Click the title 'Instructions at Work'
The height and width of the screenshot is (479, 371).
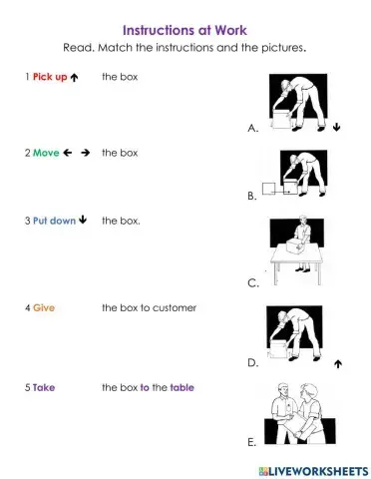pyautogui.click(x=185, y=30)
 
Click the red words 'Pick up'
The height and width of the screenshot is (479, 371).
pyautogui.click(x=49, y=77)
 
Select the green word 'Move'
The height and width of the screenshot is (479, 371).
pyautogui.click(x=46, y=153)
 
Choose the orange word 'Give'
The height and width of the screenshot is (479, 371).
pyautogui.click(x=44, y=308)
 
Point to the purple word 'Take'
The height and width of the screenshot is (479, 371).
pyautogui.click(x=44, y=387)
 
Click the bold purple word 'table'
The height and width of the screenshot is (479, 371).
pyautogui.click(x=183, y=387)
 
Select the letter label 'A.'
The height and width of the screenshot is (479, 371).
pyautogui.click(x=252, y=129)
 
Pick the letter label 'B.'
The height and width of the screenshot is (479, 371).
pyautogui.click(x=252, y=198)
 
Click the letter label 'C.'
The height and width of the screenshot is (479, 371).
pyautogui.click(x=252, y=284)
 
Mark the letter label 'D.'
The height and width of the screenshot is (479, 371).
pyautogui.click(x=252, y=364)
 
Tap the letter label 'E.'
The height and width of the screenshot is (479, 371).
pyautogui.click(x=252, y=440)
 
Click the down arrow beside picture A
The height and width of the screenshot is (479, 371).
pyautogui.click(x=337, y=128)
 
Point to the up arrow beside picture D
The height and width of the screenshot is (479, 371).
pyautogui.click(x=338, y=364)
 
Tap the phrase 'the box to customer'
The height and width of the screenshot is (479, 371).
pyautogui.click(x=149, y=308)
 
